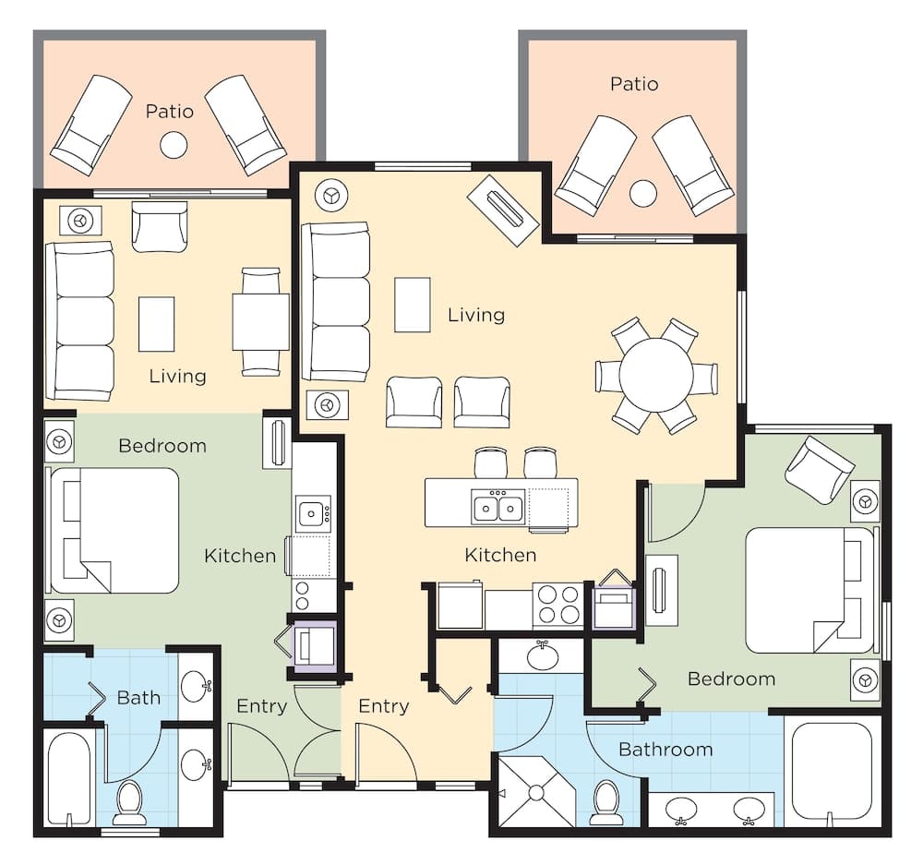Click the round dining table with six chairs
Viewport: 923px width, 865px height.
click(655, 376)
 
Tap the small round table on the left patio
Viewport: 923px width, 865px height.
click(174, 145)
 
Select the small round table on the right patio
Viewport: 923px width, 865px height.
click(643, 193)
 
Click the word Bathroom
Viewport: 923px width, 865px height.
click(665, 749)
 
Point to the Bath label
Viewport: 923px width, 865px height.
click(138, 698)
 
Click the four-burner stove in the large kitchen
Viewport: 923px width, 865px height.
click(557, 606)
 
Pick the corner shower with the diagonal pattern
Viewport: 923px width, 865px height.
click(534, 791)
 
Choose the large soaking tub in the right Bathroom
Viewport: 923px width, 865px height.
click(832, 771)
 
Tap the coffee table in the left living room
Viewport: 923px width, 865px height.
click(156, 323)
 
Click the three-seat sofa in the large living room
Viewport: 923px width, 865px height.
click(337, 301)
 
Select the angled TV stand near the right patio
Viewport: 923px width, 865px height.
click(503, 210)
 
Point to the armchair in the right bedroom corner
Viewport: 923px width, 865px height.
click(820, 468)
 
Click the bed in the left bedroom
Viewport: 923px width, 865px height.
click(114, 530)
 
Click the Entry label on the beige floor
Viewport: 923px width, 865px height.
click(383, 706)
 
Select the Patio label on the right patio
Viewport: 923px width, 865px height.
click(634, 84)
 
